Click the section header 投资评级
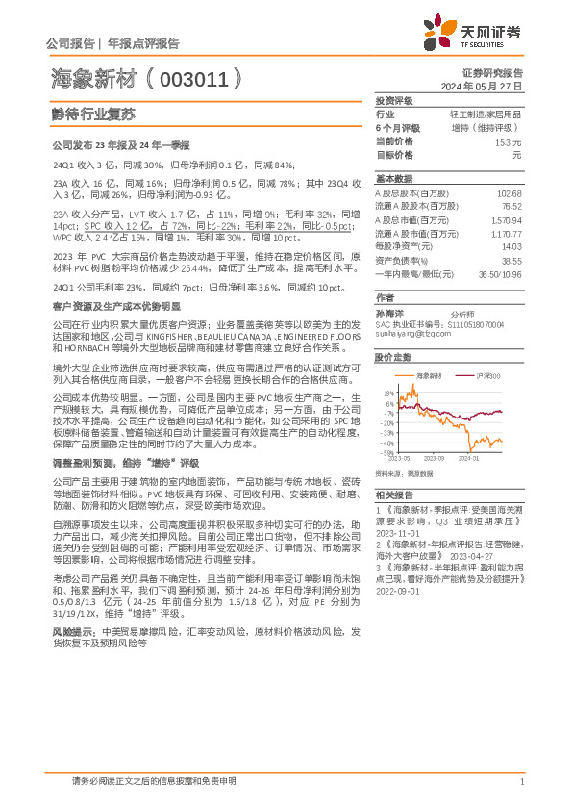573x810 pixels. pos(393,100)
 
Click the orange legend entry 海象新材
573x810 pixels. pos(424,374)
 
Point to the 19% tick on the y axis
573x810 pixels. pos(386,392)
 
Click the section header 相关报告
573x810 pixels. pos(393,493)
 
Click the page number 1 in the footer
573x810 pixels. pos(521,782)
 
